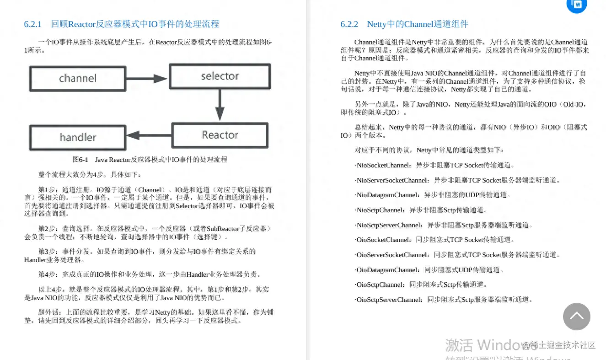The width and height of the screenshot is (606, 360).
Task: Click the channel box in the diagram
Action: click(78, 78)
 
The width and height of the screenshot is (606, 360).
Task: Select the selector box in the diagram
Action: click(220, 76)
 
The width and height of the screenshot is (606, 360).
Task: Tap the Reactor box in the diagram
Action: click(220, 135)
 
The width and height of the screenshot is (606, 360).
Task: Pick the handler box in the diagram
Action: click(78, 137)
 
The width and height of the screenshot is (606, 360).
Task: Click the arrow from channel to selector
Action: click(147, 79)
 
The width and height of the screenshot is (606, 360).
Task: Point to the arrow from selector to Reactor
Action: click(220, 105)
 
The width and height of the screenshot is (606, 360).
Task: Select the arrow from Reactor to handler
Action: click(149, 135)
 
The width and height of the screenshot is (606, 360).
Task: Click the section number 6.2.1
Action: click(33, 24)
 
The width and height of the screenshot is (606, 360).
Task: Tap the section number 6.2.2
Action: click(349, 24)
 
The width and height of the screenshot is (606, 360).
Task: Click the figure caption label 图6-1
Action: click(80, 160)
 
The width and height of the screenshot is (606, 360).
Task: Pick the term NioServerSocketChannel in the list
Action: click(392, 180)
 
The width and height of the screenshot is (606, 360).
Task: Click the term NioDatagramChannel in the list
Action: click(387, 195)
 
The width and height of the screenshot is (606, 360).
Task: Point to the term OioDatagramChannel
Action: click(387, 270)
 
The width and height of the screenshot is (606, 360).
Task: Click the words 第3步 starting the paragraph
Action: click(47, 252)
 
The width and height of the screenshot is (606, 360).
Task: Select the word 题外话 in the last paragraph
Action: click(48, 312)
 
